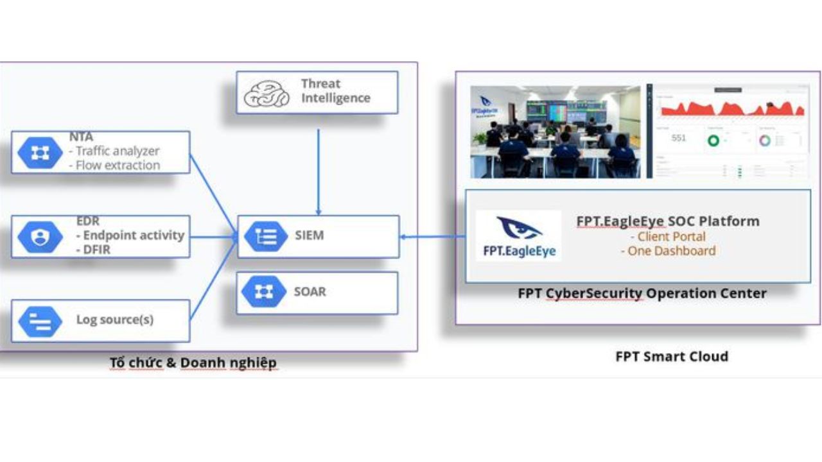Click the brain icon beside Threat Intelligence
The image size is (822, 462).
(267, 94)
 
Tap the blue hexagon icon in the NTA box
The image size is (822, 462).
(40, 153)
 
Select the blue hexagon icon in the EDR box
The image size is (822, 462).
(40, 237)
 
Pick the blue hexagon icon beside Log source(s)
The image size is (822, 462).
(40, 321)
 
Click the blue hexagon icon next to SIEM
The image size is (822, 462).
(266, 236)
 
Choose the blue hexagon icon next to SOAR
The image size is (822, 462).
(263, 292)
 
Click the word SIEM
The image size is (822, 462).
(310, 235)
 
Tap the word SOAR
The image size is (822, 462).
(310, 292)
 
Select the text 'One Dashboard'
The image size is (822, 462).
(668, 251)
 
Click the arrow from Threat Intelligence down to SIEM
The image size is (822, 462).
(319, 170)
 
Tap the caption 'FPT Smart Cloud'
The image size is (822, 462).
(672, 357)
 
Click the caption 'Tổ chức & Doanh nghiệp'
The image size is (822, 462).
(193, 363)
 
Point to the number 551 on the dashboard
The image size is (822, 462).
(679, 138)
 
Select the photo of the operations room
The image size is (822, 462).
(555, 132)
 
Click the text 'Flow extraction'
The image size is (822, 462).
(118, 166)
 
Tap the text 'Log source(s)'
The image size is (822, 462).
(115, 320)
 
